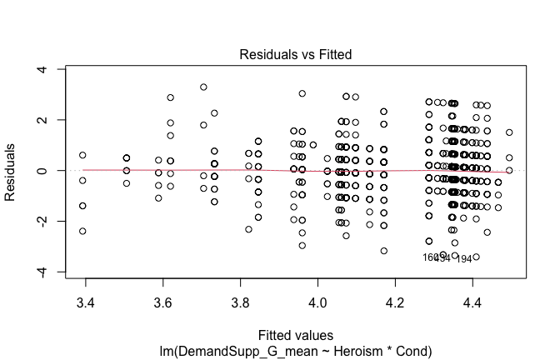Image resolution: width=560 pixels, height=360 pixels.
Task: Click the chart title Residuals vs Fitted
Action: (296, 55)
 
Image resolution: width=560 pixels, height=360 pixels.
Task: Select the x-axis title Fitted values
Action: (296, 335)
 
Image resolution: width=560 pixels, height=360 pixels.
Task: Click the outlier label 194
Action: (464, 259)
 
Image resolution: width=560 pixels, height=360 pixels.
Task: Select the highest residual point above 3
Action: (203, 87)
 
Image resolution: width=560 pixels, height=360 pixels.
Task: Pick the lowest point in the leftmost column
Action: (82, 231)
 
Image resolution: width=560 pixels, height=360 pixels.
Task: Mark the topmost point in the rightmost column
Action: (509, 132)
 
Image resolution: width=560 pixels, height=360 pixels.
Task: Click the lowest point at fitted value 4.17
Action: (384, 251)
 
